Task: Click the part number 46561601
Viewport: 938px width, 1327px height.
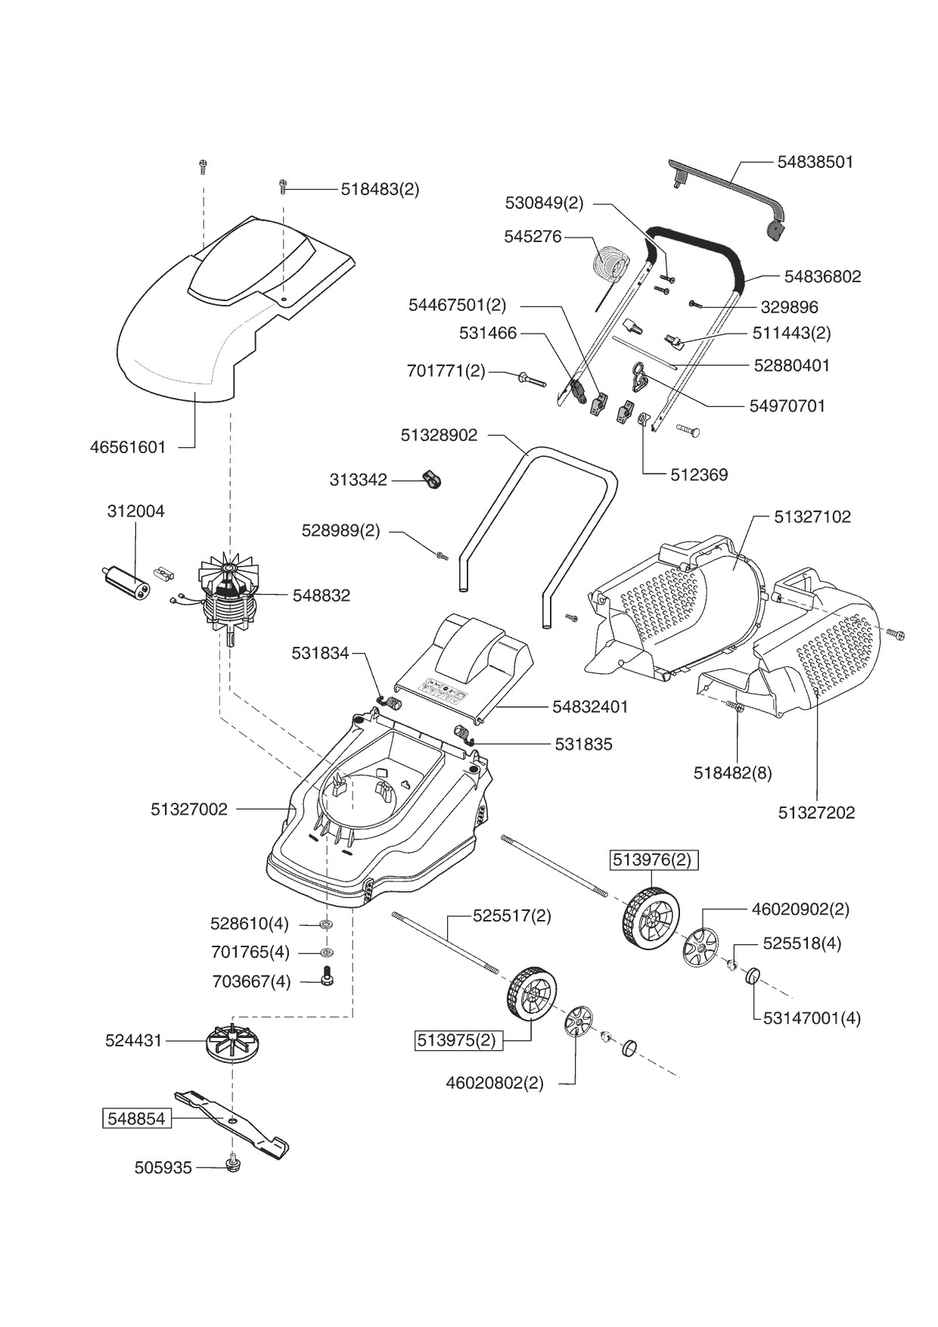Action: pyautogui.click(x=128, y=447)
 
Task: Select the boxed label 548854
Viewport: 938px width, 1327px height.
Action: pyautogui.click(x=137, y=1119)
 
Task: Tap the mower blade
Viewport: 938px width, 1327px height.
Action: pyautogui.click(x=231, y=1124)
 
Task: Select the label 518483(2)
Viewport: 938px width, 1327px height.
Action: pyautogui.click(x=380, y=189)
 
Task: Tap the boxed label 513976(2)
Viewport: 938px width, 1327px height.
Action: pyautogui.click(x=651, y=860)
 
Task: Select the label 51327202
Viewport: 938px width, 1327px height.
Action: pyautogui.click(x=816, y=813)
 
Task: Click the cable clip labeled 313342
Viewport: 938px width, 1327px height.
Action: pyautogui.click(x=432, y=478)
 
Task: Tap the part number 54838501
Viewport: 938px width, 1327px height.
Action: pyautogui.click(x=815, y=162)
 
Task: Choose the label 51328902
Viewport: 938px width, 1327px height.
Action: pyautogui.click(x=439, y=435)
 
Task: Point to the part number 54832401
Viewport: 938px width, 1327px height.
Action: pyautogui.click(x=590, y=707)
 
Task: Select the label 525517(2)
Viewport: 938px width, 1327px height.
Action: pyautogui.click(x=512, y=915)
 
